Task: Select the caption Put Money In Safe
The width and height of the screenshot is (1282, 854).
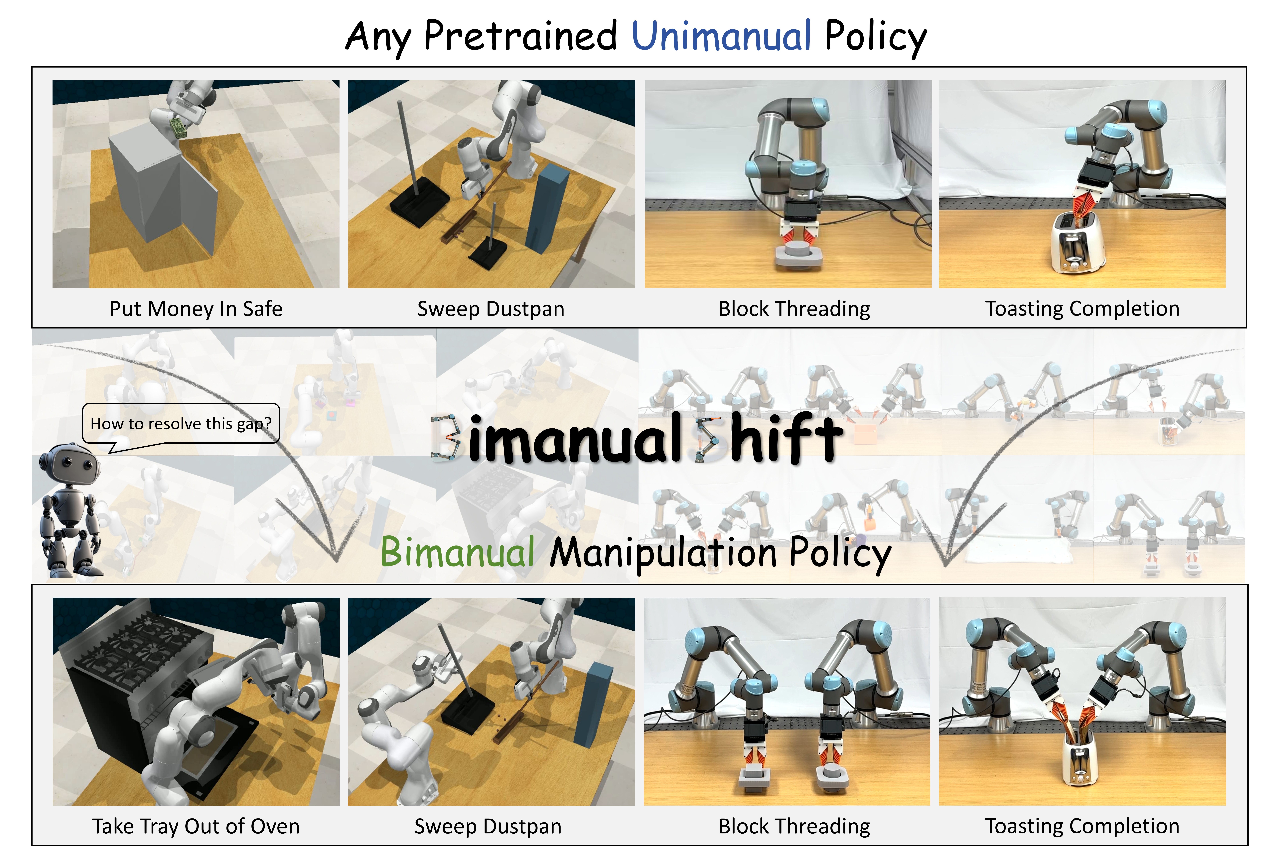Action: [196, 309]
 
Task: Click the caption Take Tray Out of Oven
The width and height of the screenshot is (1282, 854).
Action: [196, 826]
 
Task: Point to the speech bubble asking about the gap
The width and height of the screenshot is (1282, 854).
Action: [181, 424]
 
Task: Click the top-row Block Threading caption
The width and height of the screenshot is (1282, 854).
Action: [794, 309]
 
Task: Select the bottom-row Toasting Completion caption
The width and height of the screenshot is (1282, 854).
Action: [1082, 826]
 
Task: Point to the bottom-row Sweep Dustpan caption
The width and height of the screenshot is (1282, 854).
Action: [488, 826]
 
